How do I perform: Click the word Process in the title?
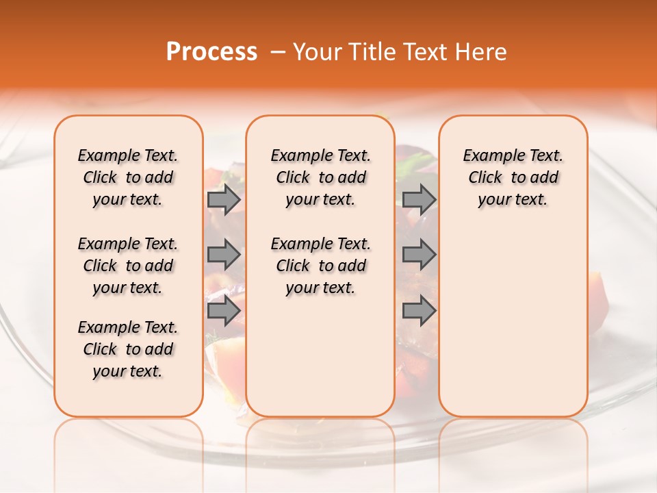211,52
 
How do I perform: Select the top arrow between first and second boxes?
223,199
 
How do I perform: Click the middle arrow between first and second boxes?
223,255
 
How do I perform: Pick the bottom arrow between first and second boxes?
223,311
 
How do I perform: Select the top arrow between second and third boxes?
419,199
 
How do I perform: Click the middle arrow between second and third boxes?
419,255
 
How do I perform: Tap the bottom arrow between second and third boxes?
419,311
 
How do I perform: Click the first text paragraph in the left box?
128,177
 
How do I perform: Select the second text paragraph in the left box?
128,266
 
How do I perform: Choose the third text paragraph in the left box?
128,349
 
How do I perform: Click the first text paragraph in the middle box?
320,177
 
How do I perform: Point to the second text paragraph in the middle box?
320,266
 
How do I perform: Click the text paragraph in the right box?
513,177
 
